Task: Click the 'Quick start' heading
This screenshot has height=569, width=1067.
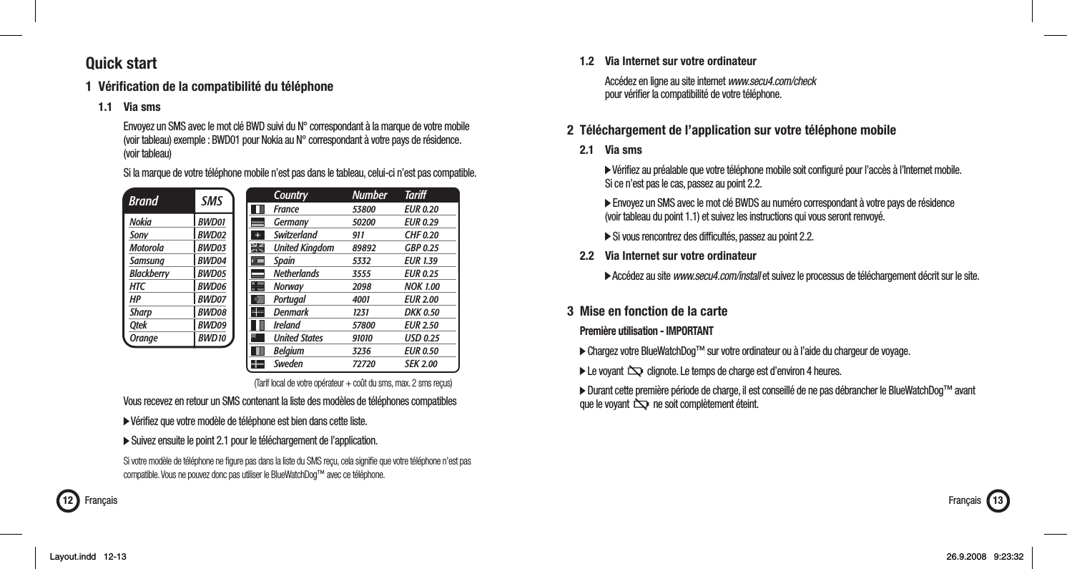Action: tap(121, 64)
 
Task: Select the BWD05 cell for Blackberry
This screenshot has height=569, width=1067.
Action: tap(212, 273)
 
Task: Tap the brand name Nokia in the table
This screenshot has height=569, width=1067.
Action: tap(140, 222)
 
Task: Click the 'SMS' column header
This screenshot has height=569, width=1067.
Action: tap(212, 201)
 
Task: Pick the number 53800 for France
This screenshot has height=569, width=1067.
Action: tap(365, 209)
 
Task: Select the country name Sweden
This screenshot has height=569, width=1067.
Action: tap(290, 364)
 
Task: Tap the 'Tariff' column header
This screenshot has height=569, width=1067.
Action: tap(414, 195)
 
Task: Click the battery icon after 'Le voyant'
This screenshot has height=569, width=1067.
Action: tap(634, 371)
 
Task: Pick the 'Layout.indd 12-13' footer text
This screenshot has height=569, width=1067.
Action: tap(87, 556)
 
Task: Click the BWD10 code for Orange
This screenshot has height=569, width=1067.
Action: tap(212, 337)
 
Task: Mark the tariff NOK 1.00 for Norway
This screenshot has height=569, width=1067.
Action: tap(422, 286)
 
